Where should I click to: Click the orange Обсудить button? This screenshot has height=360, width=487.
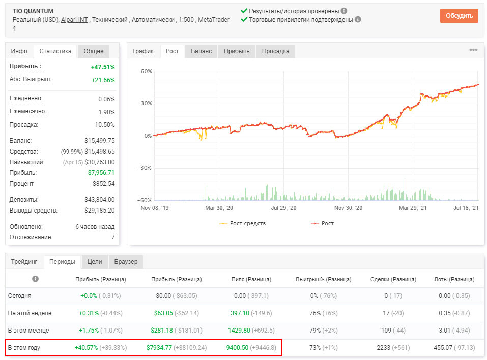459,16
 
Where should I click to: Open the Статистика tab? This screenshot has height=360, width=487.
55,51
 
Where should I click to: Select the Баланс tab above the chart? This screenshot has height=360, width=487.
201,51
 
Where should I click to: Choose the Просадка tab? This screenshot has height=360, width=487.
275,51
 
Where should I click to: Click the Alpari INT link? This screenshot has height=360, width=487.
74,20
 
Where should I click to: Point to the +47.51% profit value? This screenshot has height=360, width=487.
103,67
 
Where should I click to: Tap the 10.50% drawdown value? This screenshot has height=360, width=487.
105,125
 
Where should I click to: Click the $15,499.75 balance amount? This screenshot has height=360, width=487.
99,140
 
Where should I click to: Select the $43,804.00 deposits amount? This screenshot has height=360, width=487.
99,199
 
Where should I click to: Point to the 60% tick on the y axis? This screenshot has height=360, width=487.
146,71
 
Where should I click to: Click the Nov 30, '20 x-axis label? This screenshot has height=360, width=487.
348,208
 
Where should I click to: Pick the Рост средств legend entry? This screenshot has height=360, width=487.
243,223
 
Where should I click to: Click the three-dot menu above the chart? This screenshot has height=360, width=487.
473,50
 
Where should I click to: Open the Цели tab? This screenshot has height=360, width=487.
95,262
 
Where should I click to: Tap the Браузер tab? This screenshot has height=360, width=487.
126,262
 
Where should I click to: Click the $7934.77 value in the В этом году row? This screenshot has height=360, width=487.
159,348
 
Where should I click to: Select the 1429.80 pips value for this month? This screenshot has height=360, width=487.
239,330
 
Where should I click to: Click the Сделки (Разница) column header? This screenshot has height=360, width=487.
393,279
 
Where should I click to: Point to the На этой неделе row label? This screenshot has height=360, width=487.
30,313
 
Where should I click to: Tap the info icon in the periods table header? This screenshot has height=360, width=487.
36,279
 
